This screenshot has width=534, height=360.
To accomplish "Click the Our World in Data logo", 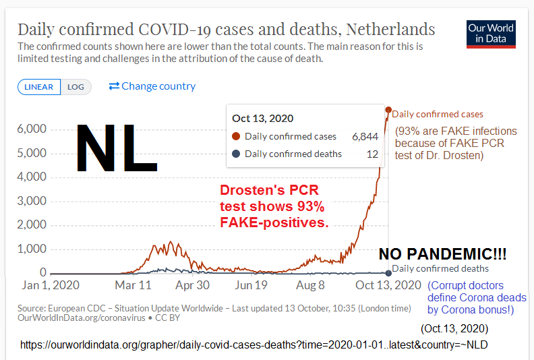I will (x=491, y=34).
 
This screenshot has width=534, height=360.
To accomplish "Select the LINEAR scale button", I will (x=40, y=87).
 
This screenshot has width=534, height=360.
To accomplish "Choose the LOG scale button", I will (x=76, y=87).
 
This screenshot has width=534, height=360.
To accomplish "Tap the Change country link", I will (x=152, y=86).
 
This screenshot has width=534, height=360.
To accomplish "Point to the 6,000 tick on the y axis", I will (x=31, y=129).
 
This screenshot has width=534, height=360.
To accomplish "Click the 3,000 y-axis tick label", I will (x=31, y=201).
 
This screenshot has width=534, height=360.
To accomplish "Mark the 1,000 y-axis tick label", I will (x=31, y=249).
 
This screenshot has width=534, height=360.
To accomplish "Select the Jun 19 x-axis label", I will (x=251, y=285).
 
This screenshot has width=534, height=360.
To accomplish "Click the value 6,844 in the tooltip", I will (x=365, y=136).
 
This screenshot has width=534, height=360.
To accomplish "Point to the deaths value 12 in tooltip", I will (x=372, y=154).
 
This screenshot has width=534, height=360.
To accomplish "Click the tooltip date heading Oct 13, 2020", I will (x=262, y=118).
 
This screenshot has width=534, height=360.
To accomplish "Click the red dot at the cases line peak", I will (x=388, y=110).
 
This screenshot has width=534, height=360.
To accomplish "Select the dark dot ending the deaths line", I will (x=388, y=272).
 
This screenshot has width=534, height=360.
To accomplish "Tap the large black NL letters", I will (x=116, y=147).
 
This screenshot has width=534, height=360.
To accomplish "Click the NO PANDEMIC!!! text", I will (x=442, y=254).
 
